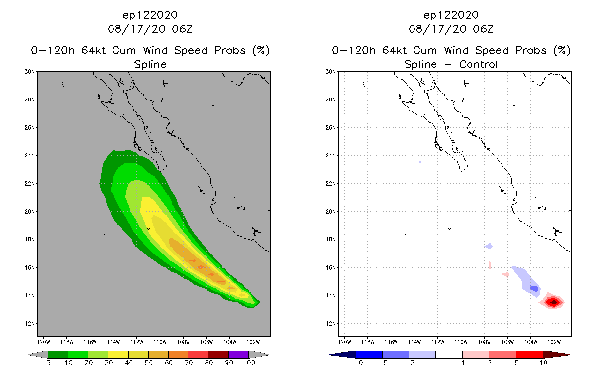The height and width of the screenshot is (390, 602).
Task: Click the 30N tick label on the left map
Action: point(30,72)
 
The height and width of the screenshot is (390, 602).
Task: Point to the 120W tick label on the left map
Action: point(44,341)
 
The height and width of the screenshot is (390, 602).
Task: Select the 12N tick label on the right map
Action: point(331,323)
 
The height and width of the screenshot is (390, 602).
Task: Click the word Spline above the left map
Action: point(150,64)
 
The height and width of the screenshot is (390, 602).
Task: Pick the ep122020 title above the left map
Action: point(150,15)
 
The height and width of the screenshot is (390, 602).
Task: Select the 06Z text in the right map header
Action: point(483,29)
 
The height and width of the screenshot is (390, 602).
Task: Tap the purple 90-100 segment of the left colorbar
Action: point(239,354)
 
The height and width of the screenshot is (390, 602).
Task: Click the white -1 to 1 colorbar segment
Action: point(449,354)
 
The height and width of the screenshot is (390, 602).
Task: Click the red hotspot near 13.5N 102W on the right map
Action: point(553,302)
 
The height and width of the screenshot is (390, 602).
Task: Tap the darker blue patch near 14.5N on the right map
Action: point(534,289)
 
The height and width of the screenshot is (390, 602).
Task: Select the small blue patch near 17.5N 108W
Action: point(489,246)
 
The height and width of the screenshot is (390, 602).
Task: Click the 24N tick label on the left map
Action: point(30,156)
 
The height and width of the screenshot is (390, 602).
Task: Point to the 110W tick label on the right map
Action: point(461,341)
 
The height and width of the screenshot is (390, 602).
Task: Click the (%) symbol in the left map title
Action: point(261,50)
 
